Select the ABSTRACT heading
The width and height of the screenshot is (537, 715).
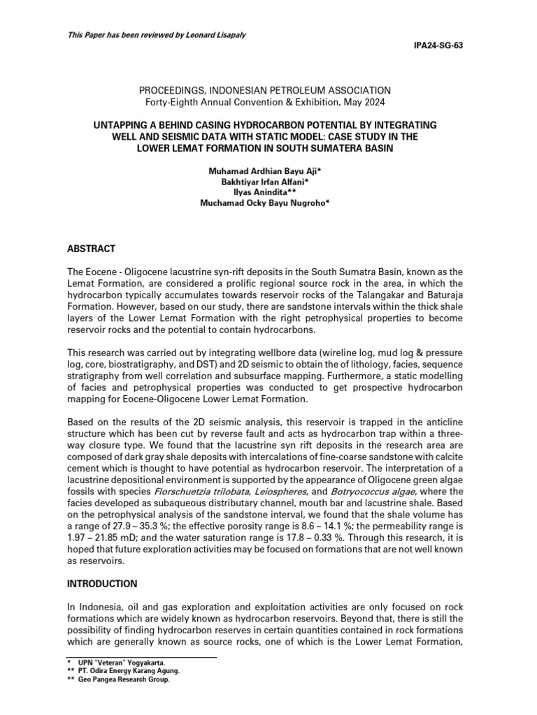coord(92,249)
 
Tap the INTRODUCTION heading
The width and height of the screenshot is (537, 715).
coord(103,583)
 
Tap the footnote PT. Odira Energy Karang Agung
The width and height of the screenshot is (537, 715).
coord(130,670)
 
